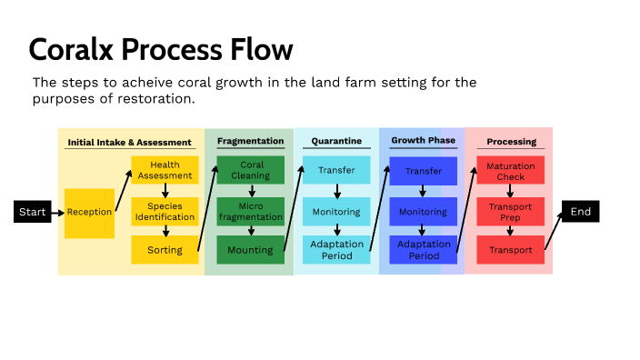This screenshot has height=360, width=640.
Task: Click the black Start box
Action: [32, 212]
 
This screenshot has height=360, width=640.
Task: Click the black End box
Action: [580, 211]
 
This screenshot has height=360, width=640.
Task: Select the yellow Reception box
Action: [89, 213]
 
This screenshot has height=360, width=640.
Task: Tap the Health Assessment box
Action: [165, 170]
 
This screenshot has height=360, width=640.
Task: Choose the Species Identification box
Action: [165, 211]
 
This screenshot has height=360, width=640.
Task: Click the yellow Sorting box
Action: [165, 250]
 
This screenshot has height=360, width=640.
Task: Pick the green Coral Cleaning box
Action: [250, 170]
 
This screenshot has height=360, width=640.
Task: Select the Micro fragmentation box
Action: [250, 211]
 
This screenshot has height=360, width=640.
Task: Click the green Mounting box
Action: [250, 250]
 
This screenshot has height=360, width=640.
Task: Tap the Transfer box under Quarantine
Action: [336, 170]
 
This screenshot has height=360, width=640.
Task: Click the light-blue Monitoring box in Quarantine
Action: [336, 211]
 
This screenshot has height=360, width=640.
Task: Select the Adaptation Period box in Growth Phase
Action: [424, 250]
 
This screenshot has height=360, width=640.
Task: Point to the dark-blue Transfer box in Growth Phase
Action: [424, 171]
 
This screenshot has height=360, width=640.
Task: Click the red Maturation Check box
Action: [510, 171]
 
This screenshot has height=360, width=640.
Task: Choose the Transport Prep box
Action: [510, 211]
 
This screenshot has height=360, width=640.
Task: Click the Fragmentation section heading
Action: [250, 141]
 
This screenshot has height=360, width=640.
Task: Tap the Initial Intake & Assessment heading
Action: [130, 142]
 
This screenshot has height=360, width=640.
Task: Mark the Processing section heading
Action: [511, 142]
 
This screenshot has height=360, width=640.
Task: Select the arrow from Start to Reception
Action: [56, 212]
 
